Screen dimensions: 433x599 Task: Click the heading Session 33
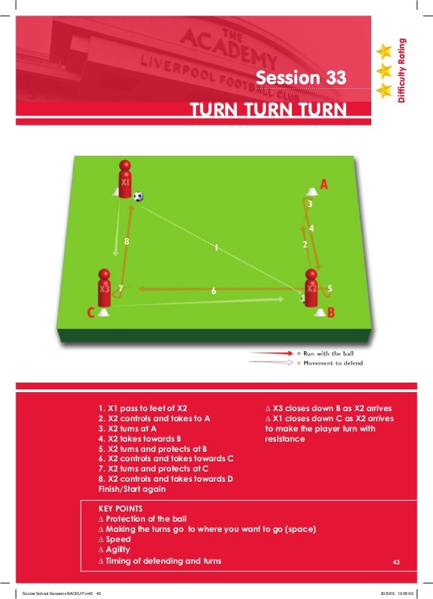(x=300, y=78)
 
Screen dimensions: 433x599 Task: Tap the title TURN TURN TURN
(x=267, y=110)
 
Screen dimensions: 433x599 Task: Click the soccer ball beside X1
(x=138, y=197)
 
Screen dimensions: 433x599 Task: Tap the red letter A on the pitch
(x=324, y=184)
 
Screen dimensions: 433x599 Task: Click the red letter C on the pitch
(x=90, y=313)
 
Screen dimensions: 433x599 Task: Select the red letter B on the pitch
(x=331, y=312)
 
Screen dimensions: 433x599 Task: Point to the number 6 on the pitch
(x=214, y=290)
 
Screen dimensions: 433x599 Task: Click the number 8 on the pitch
(x=126, y=241)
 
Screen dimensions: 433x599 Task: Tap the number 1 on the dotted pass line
(x=216, y=248)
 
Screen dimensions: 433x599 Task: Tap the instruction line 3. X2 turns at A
(x=138, y=429)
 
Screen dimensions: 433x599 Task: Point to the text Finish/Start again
(x=132, y=488)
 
